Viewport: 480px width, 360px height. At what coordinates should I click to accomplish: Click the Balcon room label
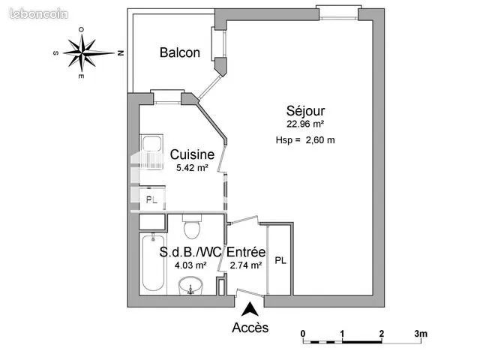180,52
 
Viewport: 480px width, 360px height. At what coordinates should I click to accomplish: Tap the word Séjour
305,111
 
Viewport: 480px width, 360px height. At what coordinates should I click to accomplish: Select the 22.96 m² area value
305,124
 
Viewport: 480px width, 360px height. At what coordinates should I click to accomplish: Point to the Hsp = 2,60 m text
305,140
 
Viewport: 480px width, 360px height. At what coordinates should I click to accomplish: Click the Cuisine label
192,154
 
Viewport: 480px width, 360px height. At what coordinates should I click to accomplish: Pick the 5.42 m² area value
192,168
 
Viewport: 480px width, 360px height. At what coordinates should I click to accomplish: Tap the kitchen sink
151,151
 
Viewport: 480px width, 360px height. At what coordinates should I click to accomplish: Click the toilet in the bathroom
192,226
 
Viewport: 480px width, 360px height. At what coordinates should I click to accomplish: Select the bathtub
153,262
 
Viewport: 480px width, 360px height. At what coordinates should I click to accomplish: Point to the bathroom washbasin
190,286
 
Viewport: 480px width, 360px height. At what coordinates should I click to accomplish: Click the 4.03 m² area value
190,265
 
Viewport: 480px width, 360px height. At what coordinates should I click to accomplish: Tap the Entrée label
246,252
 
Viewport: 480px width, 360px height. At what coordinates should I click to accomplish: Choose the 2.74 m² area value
246,265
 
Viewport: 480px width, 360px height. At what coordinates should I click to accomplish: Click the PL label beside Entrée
280,260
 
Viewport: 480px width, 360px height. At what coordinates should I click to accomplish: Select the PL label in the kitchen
151,200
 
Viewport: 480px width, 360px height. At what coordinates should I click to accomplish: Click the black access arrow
250,309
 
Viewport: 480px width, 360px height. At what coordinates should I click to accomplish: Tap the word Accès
250,328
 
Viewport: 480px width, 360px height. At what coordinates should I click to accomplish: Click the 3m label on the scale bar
421,334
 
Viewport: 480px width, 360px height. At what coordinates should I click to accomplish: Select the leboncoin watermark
39,14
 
